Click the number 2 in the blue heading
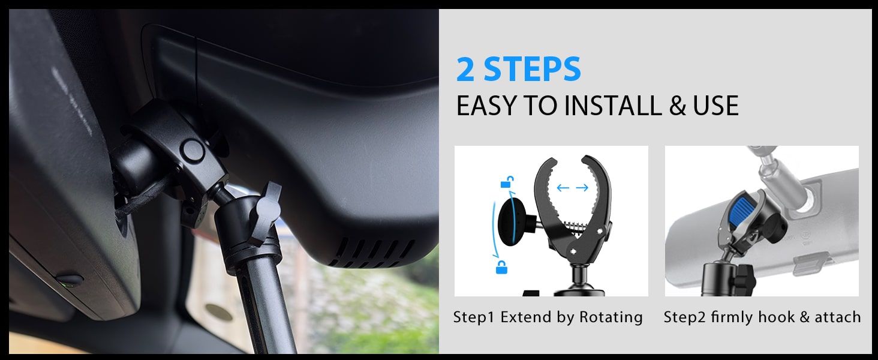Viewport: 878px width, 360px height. coord(467,70)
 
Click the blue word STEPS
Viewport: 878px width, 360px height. coord(533,70)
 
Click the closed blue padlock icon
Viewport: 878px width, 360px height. coord(501,267)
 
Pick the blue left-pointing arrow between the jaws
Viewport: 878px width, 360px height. coord(563,188)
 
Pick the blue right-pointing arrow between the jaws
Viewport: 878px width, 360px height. coord(582,188)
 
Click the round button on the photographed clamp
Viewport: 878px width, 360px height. coord(193,151)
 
